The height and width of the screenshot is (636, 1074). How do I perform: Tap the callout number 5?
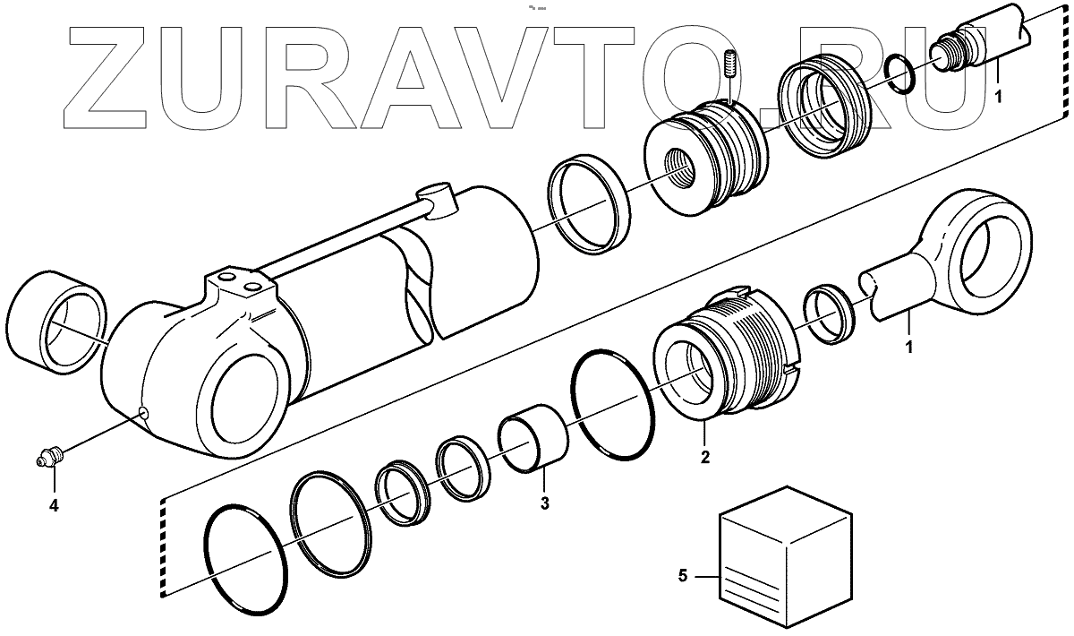683,577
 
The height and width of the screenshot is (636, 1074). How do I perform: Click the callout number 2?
705,458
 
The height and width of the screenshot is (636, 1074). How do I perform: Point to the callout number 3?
544,503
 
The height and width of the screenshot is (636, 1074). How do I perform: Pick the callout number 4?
54,505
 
